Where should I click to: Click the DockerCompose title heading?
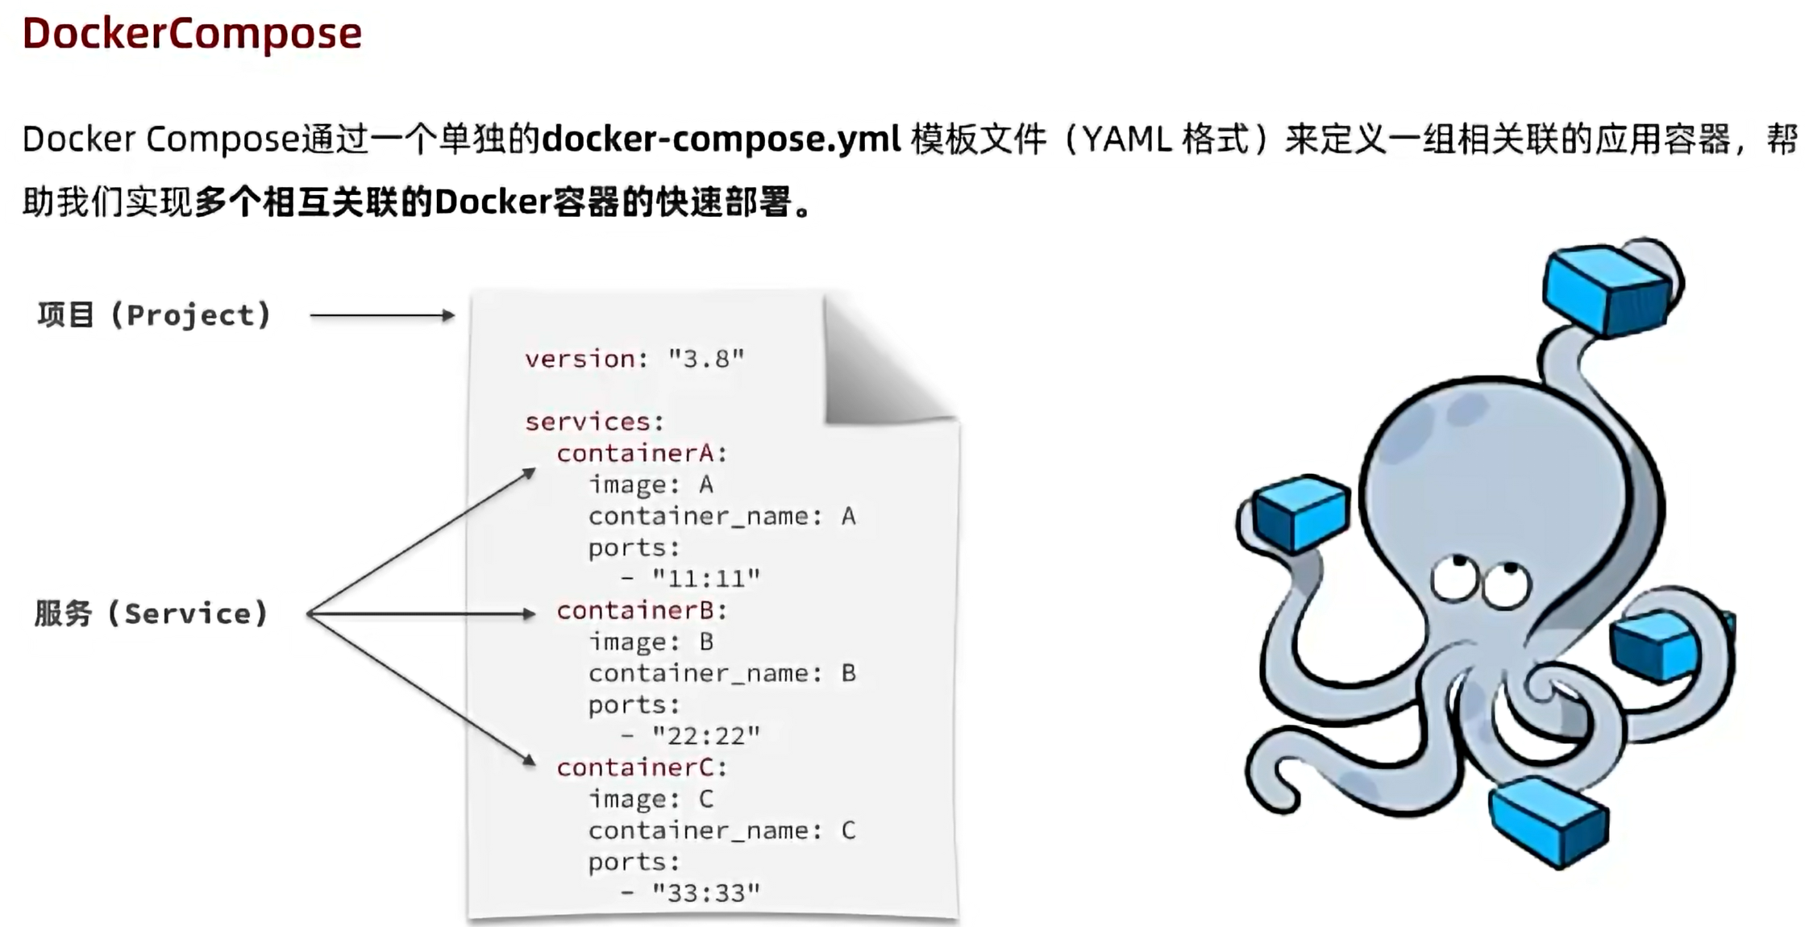[192, 33]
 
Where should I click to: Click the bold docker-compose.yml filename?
[721, 139]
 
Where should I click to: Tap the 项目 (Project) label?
[154, 314]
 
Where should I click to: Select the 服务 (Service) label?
[151, 613]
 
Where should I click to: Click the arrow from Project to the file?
[382, 316]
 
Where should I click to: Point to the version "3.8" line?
[634, 358]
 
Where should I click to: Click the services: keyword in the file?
[594, 421]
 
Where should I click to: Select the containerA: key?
[642, 453]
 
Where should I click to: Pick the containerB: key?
[642, 610]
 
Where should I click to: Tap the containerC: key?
[642, 767]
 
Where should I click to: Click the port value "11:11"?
[706, 578]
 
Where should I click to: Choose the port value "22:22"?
[706, 735]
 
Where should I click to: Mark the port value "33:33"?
[706, 892]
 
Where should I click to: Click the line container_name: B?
[722, 673]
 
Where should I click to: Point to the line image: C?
[651, 799]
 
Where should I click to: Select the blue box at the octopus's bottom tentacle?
[1549, 821]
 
